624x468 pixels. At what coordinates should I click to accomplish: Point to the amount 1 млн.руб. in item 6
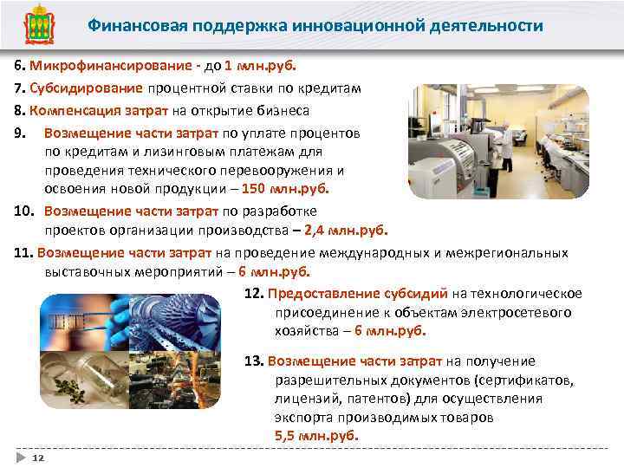click(260, 66)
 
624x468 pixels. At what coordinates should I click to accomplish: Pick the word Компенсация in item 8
click(72, 111)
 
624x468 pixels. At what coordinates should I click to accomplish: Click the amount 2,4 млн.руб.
click(351, 230)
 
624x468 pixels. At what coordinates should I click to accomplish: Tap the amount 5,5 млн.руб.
click(316, 436)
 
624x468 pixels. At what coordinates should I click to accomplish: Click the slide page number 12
click(38, 456)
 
